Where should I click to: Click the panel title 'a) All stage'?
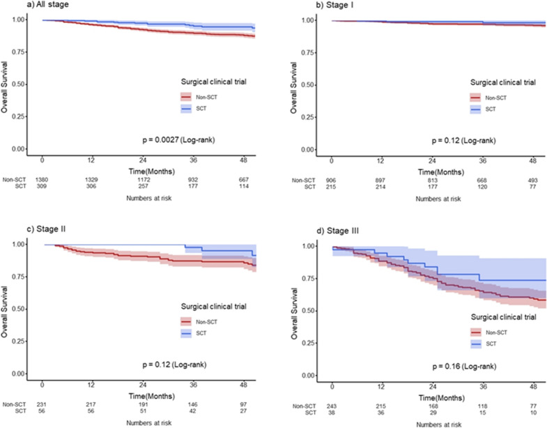point(21,5)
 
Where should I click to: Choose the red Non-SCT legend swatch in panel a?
point(186,98)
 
